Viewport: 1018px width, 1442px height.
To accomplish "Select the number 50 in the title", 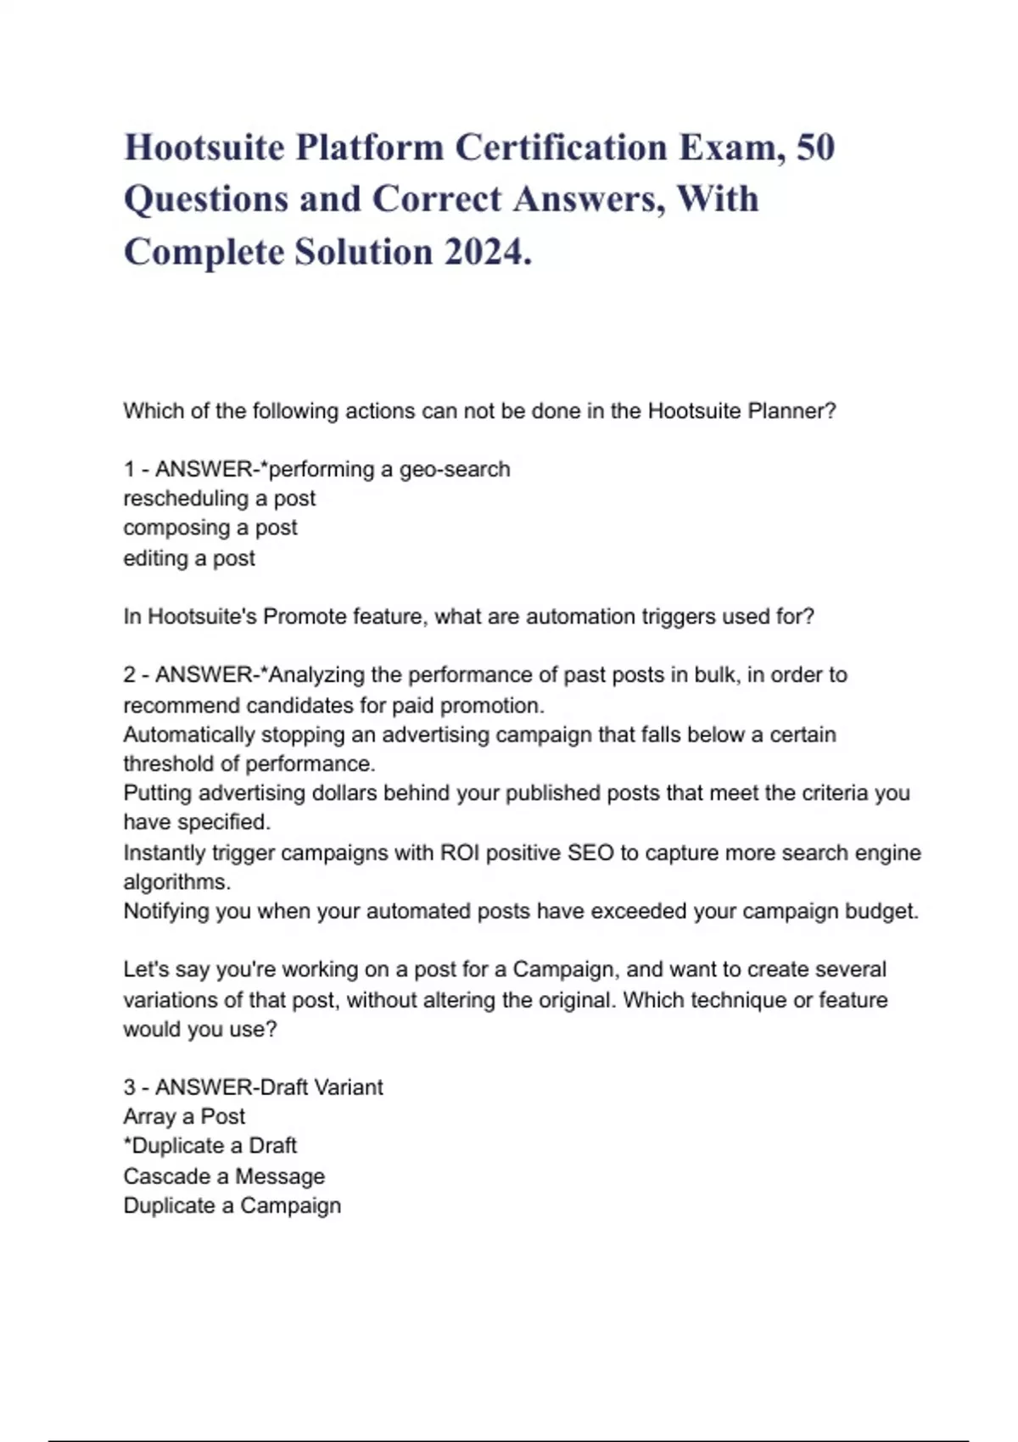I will (815, 148).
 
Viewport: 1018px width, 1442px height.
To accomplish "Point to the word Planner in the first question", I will (789, 411).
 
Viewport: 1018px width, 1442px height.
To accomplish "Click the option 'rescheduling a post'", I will (219, 499).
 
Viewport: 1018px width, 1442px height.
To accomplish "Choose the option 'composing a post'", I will (210, 528).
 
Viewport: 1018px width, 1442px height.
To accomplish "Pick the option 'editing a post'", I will (189, 558).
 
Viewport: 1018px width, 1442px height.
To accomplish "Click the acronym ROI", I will (459, 852).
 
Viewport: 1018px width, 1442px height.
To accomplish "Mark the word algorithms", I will (176, 882).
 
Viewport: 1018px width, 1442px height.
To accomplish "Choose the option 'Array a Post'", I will (184, 1117).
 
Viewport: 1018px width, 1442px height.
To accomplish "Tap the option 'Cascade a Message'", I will (224, 1177).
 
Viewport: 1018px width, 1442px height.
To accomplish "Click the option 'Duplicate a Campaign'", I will (232, 1205).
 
